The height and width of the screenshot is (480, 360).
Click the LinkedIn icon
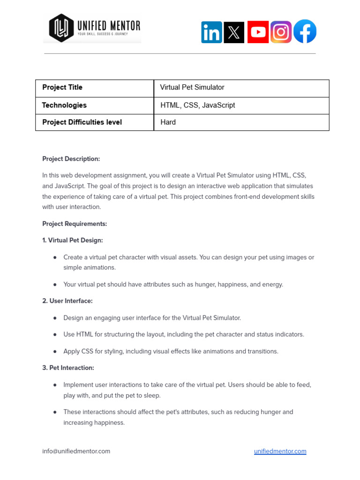211,32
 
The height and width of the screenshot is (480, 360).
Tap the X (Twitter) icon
234,32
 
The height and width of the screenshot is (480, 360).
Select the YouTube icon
258,32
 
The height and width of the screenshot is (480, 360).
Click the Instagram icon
281,32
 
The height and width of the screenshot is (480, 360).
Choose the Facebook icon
305,31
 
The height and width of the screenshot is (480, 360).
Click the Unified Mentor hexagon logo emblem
61,28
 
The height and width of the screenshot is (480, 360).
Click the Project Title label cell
62,88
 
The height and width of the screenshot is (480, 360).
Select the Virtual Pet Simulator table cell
192,88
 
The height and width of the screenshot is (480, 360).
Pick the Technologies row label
64,105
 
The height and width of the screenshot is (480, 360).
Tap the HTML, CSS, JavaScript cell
197,105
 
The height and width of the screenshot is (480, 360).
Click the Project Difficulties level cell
82,122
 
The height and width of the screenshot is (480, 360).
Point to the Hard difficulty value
168,122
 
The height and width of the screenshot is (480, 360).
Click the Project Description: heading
71,159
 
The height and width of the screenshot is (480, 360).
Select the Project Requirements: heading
75,224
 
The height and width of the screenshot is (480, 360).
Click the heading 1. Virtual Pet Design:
72,240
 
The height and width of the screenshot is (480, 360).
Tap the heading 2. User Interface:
67,301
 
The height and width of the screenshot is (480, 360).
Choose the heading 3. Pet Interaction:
68,368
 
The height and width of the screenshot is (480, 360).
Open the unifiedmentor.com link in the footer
280,451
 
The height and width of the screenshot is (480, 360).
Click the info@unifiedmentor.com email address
76,451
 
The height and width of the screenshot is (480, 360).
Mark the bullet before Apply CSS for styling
55,352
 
